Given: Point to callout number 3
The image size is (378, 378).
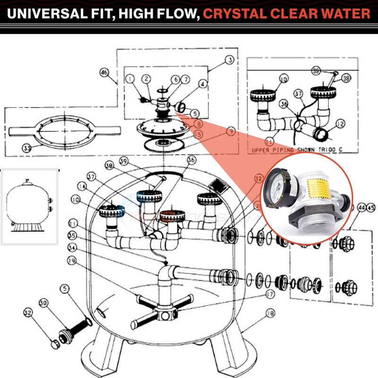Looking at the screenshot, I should coord(230,60).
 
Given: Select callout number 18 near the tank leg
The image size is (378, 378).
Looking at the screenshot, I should coord(270,313).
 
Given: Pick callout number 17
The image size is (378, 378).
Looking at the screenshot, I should coord(270,294).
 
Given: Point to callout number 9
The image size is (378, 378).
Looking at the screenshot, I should coord(231,132).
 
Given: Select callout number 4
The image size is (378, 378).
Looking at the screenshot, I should coord(203,84).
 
